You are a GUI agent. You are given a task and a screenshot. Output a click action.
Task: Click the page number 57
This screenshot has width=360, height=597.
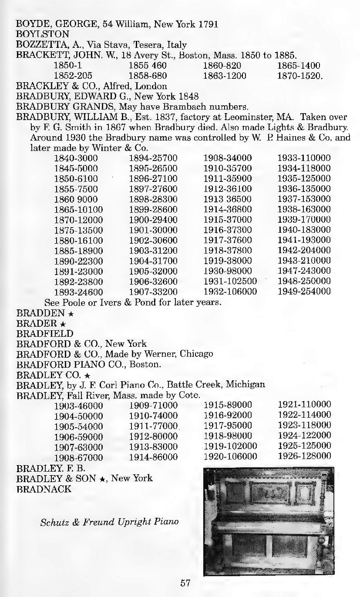pos(186,582)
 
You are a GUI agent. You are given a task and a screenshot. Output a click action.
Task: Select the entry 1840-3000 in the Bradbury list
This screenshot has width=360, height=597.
pos(76,158)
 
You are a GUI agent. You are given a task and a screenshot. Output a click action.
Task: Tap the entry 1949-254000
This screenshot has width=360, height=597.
pos(304,292)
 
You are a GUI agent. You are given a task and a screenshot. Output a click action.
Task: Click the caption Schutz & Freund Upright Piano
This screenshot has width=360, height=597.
pos(109,521)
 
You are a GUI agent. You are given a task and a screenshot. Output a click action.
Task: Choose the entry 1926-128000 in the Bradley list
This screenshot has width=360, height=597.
pos(304,456)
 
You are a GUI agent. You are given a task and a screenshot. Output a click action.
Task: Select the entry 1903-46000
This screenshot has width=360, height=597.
pos(78,405)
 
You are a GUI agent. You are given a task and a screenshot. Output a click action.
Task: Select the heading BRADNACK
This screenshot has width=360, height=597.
pos(44,489)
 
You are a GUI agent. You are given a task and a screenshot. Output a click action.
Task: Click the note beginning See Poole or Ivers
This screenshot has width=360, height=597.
pos(133,302)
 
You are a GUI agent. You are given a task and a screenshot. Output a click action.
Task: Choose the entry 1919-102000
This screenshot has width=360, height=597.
pos(230,446)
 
